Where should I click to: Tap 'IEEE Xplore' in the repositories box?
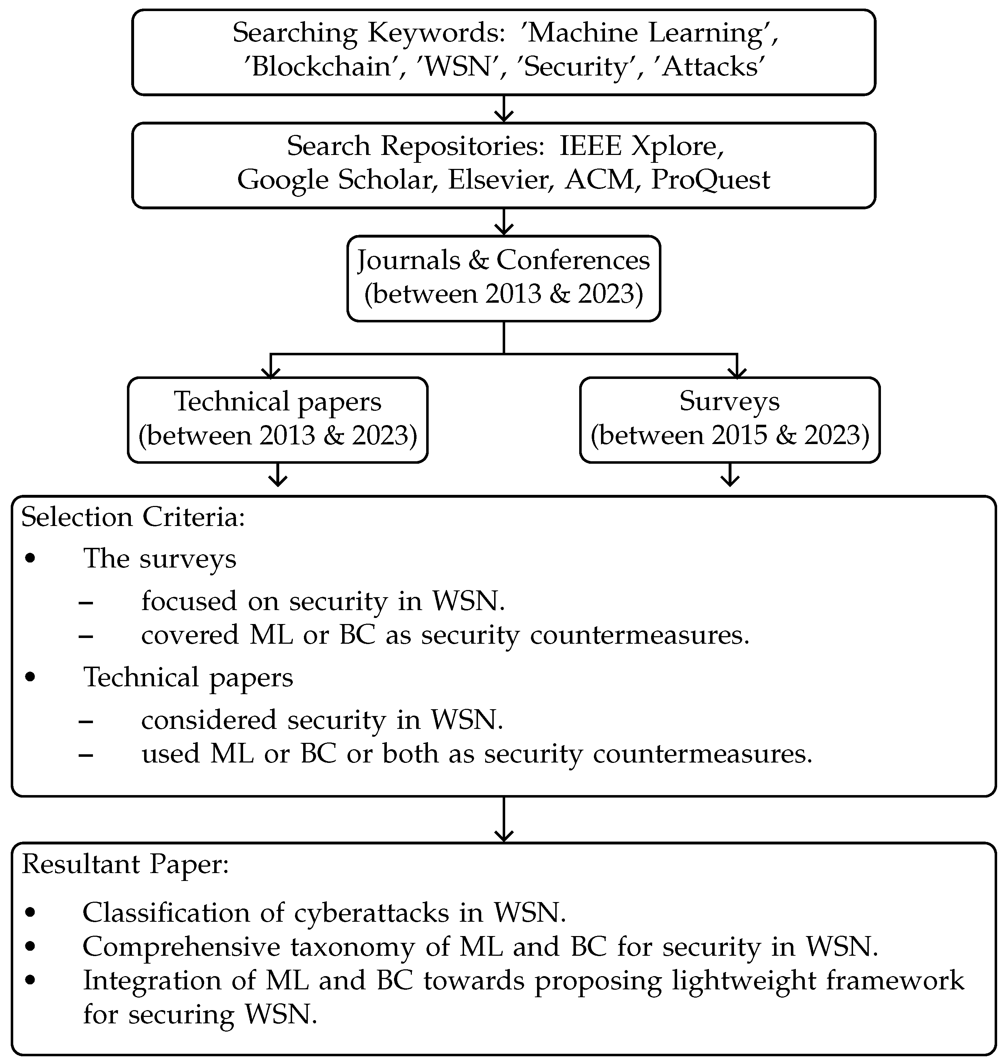641,146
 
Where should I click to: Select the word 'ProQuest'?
710,180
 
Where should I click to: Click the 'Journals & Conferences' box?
503,278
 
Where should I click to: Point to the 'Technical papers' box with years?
277,420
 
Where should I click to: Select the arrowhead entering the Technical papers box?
271,371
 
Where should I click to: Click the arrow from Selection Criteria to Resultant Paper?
503,820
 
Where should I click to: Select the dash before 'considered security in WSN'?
86,721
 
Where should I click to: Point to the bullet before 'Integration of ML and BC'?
30,980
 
